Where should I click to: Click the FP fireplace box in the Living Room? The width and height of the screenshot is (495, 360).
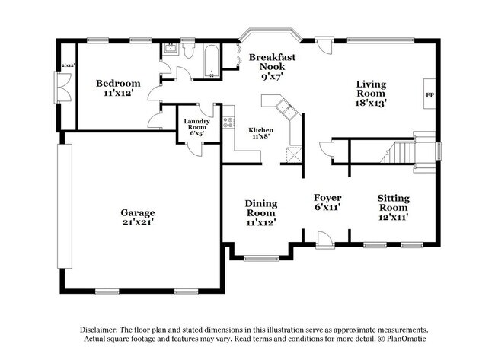[x=429, y=96]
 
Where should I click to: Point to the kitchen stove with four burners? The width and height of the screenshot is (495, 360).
[x=227, y=121]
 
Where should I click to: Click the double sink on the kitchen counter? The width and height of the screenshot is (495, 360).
[x=286, y=108]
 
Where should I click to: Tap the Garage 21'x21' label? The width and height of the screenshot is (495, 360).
[x=137, y=218]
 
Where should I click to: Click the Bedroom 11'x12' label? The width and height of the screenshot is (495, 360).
[x=117, y=88]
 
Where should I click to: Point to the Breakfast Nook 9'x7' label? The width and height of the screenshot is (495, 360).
[x=272, y=66]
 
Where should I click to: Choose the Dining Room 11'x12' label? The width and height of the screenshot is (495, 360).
[x=260, y=212]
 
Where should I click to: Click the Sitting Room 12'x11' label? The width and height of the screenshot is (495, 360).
[x=393, y=207]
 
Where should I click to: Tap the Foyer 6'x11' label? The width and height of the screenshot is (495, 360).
[x=327, y=201]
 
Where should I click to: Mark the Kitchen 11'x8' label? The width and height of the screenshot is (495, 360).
[x=261, y=134]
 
